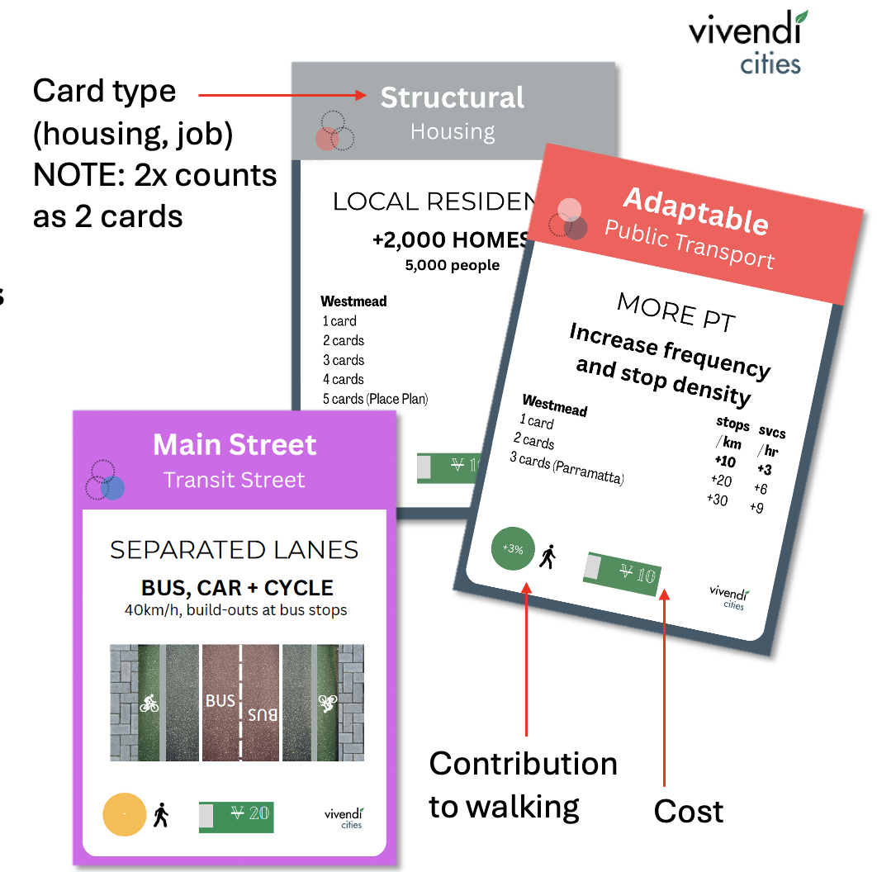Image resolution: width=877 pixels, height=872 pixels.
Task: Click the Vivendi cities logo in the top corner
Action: pyautogui.click(x=747, y=41)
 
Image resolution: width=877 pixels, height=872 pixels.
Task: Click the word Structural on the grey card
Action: pyautogui.click(x=452, y=97)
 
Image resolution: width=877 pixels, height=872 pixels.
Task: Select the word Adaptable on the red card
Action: pyautogui.click(x=695, y=210)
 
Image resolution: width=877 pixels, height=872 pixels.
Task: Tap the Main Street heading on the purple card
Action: pyautogui.click(x=235, y=445)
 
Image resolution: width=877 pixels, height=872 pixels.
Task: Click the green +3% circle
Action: pyautogui.click(x=513, y=548)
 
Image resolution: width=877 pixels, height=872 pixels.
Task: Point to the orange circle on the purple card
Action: pyautogui.click(x=124, y=815)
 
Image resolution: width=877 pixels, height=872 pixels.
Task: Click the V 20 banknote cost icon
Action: pyautogui.click(x=236, y=815)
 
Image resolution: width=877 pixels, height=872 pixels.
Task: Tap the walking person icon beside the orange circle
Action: pyautogui.click(x=161, y=815)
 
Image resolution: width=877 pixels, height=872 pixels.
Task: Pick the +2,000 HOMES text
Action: pyautogui.click(x=451, y=240)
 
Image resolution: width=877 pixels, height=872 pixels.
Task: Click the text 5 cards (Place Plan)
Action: pyautogui.click(x=375, y=399)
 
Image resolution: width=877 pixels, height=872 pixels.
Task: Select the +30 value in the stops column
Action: pyautogui.click(x=717, y=500)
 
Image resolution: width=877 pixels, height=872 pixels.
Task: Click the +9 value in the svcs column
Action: pyautogui.click(x=756, y=507)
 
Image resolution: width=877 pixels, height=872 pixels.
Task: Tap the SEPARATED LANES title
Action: pyautogui.click(x=235, y=550)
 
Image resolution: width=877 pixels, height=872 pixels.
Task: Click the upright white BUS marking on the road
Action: pyautogui.click(x=220, y=701)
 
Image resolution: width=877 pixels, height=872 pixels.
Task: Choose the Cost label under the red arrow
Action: pyautogui.click(x=688, y=812)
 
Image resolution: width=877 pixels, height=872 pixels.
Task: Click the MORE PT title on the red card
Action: pyautogui.click(x=675, y=312)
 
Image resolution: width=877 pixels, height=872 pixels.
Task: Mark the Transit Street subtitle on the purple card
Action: pyautogui.click(x=235, y=480)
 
